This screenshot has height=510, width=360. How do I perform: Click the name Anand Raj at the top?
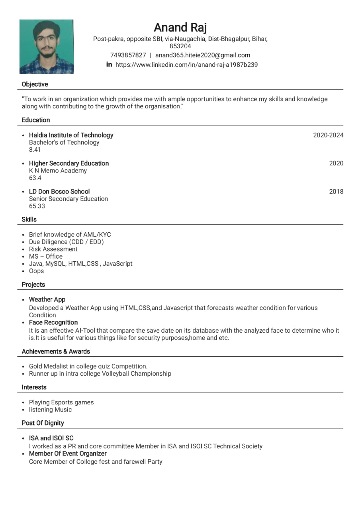[x=180, y=27]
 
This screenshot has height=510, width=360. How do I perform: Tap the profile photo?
[x=47, y=47]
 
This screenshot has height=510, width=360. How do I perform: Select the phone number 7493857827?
[x=128, y=55]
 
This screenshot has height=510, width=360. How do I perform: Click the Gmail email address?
[x=203, y=55]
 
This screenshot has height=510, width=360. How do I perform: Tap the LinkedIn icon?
[x=109, y=65]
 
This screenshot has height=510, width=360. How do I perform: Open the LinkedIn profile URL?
[x=186, y=65]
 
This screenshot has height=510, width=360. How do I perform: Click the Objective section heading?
[x=35, y=84]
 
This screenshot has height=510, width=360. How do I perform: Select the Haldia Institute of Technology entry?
[x=71, y=135]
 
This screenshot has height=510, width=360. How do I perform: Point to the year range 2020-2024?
[x=328, y=135]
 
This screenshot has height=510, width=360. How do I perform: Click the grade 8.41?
[x=35, y=150]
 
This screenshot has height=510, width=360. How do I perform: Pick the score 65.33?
[x=37, y=206]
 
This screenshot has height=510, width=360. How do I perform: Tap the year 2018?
[x=336, y=192]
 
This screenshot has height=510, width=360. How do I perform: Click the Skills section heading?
[x=29, y=220]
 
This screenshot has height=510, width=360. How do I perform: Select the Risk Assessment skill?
[x=53, y=249]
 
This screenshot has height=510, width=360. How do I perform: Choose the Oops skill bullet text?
[x=36, y=271]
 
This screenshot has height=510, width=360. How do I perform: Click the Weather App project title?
[x=47, y=300]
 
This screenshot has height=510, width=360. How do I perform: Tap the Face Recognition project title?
[x=53, y=322]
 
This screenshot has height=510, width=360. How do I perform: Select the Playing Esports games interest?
[x=61, y=402]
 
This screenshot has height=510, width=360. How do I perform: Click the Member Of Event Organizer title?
[x=68, y=453]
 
